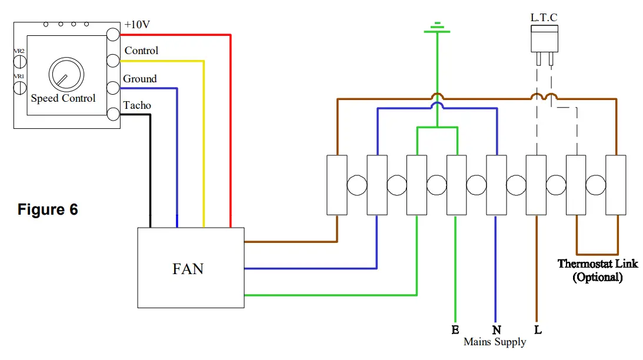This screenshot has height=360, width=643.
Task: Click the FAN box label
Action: pos(188,269)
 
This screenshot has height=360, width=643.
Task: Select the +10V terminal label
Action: pos(137,25)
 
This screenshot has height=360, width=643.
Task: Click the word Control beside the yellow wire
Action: pos(141,51)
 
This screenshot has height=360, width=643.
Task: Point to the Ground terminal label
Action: pos(139,79)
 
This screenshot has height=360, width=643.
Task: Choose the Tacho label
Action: pos(137,105)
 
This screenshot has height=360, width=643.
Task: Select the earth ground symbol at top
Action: pos(437,28)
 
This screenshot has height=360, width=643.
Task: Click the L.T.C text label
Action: pos(544,18)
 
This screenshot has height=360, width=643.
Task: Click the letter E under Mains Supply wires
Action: pos(455,330)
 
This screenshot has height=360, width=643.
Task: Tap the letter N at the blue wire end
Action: pos(496,330)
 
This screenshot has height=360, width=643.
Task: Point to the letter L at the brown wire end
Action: pos(538,330)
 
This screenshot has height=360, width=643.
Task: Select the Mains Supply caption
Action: pos(495,342)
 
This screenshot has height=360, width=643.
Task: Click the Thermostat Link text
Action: pos(597,264)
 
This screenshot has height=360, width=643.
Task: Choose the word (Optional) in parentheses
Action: pos(597,277)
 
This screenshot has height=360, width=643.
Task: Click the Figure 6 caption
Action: pos(48,209)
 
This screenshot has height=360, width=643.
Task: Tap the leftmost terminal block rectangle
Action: pos(337,185)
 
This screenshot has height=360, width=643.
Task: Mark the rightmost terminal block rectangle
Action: pos(616,185)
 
